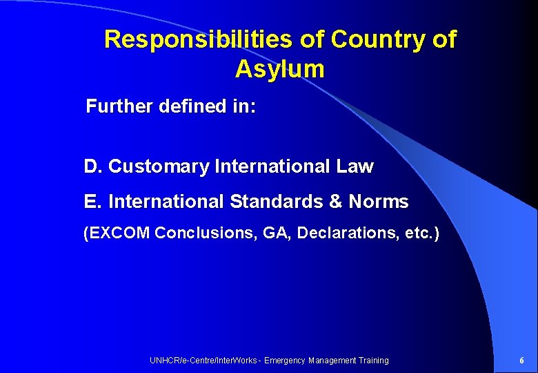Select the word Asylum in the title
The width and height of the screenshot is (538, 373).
pyautogui.click(x=279, y=69)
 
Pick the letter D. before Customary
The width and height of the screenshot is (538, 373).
pyautogui.click(x=93, y=166)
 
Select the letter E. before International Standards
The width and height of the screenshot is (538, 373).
pyautogui.click(x=92, y=202)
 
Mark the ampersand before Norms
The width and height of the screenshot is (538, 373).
pyautogui.click(x=336, y=202)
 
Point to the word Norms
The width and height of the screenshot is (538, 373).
pyautogui.click(x=379, y=202)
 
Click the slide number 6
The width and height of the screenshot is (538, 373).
pyautogui.click(x=521, y=361)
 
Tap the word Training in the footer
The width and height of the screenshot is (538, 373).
pyautogui.click(x=373, y=361)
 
